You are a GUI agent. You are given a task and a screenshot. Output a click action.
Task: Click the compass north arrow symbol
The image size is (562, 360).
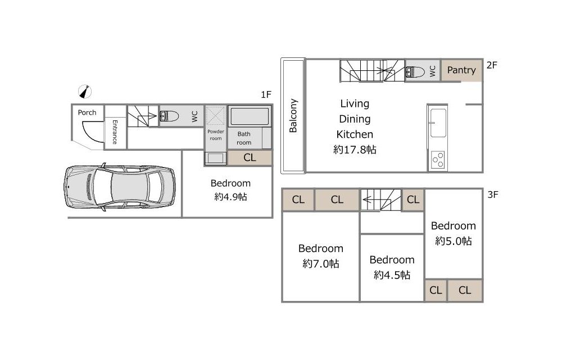point(85,92)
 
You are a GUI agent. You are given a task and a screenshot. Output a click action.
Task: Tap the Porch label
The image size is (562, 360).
point(87,112)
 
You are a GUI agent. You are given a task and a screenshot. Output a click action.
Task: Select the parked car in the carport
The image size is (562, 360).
point(120,187)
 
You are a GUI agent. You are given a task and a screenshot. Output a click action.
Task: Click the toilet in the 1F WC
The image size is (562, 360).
point(169,116)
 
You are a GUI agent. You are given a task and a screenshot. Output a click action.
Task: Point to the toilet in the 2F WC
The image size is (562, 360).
point(415,71)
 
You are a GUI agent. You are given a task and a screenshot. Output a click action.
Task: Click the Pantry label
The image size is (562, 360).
point(461,70)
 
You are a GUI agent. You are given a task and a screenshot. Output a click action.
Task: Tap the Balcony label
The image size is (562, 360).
point(293,115)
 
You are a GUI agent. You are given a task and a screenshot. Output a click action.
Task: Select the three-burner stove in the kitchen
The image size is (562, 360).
point(438,160)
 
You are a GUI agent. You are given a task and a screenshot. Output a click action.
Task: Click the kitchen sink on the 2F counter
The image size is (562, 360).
point(438,123)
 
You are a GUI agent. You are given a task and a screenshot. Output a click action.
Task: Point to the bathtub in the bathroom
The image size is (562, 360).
point(250,116)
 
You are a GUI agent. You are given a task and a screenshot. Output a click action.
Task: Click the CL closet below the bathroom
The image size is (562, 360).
point(250,157)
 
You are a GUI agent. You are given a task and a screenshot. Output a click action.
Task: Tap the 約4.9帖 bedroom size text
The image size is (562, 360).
point(230,197)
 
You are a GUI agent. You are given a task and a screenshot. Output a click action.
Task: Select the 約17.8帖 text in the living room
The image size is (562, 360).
point(355,150)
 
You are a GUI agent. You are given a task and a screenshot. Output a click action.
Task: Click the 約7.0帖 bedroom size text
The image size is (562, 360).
point(321,264)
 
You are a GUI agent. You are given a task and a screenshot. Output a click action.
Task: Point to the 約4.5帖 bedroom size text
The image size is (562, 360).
point(392,275)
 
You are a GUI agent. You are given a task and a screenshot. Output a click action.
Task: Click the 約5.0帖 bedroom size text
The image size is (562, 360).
point(454,241)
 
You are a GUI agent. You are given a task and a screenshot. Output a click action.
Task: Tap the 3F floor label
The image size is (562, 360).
point(493,194)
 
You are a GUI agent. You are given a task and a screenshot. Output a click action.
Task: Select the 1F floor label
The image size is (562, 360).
point(266,94)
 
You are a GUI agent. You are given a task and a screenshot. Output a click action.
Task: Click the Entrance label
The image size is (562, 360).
point(115,132)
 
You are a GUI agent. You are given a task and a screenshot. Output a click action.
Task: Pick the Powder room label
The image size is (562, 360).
point(216,135)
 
